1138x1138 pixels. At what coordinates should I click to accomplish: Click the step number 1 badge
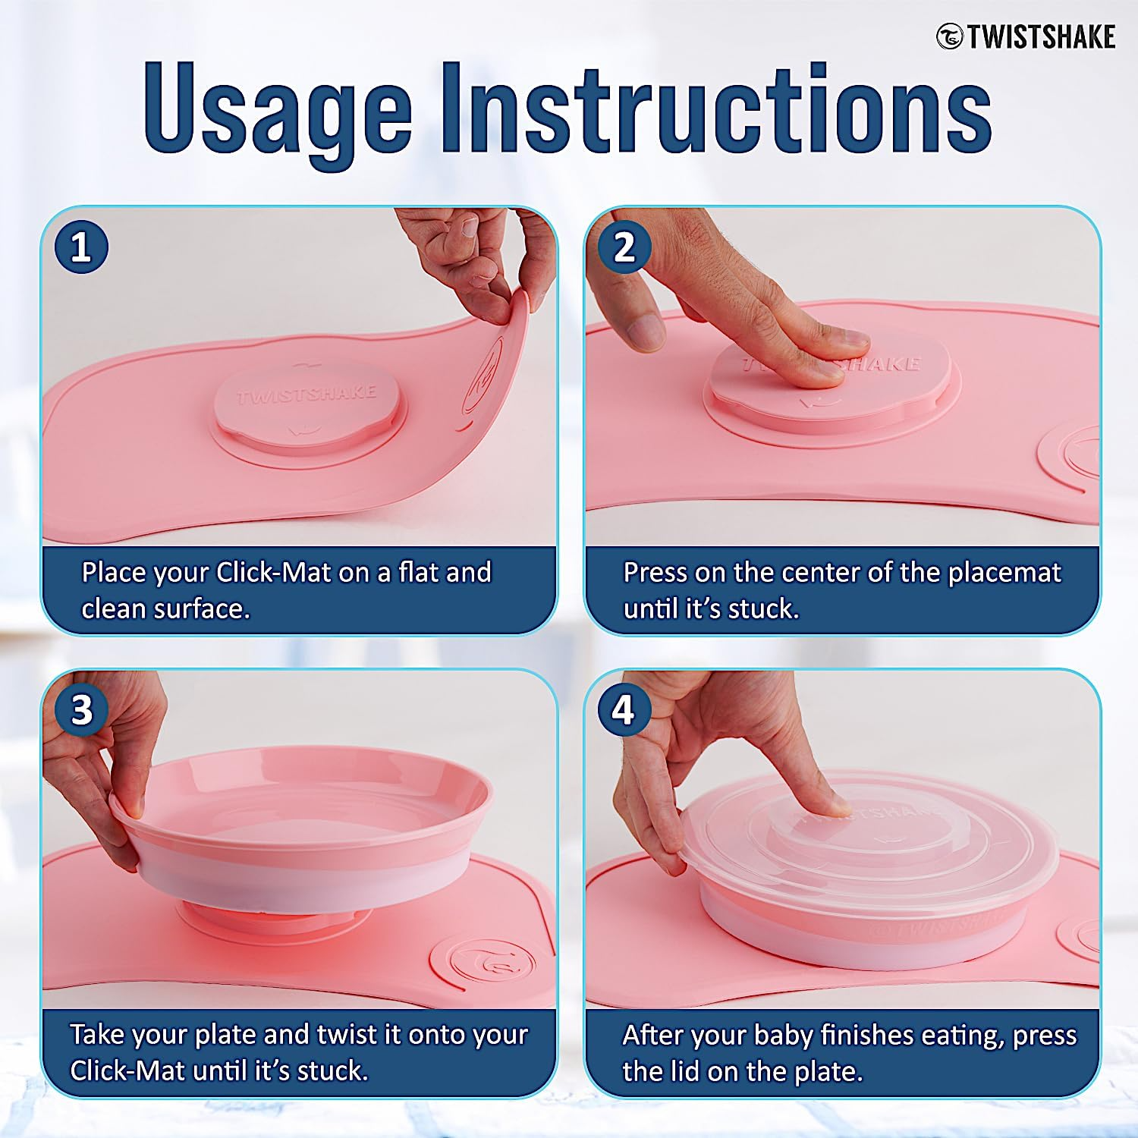[x=81, y=247]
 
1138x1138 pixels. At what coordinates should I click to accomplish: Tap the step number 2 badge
[x=624, y=247]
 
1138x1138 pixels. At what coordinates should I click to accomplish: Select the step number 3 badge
[x=81, y=710]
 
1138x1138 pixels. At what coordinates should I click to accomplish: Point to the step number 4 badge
[x=624, y=710]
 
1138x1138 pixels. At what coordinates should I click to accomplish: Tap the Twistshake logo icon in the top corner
[x=949, y=36]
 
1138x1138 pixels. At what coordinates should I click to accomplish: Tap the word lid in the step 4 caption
[x=686, y=1071]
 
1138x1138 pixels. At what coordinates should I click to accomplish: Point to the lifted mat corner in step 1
[x=516, y=303]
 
